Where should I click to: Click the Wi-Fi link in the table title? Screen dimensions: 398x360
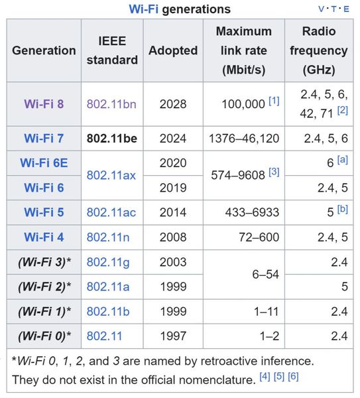(x=143, y=9)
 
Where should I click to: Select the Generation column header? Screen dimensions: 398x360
(x=44, y=50)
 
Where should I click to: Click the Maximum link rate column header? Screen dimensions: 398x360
(x=243, y=50)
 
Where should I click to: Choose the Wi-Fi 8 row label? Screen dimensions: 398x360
(x=44, y=104)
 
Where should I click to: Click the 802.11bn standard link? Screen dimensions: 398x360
(x=111, y=104)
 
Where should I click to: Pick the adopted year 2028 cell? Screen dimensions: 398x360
(x=173, y=104)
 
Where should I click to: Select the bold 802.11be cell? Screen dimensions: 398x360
(x=111, y=139)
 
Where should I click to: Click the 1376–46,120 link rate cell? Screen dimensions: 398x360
(x=243, y=139)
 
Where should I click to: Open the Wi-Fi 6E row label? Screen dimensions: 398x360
(x=44, y=163)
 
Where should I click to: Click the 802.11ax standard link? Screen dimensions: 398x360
(x=111, y=175)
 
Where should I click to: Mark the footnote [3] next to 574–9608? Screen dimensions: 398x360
(x=274, y=172)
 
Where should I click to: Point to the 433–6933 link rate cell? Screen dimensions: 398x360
(x=253, y=212)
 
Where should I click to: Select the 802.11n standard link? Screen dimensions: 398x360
(x=108, y=237)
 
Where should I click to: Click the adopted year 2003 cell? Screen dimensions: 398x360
(x=173, y=262)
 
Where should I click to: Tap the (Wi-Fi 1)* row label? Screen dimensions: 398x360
(x=44, y=311)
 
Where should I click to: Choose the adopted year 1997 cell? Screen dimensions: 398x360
(x=173, y=336)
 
